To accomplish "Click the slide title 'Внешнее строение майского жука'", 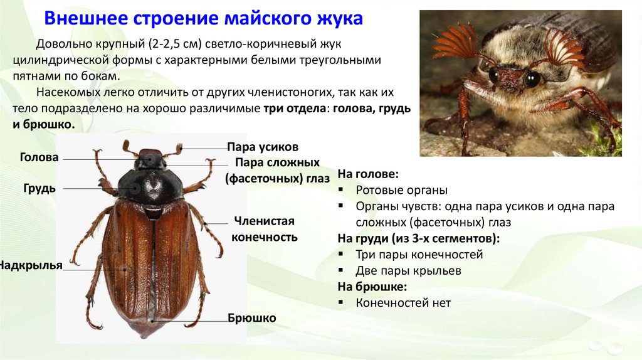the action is (203, 18).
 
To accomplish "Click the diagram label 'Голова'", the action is (39, 157).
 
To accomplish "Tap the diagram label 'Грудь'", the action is (39, 188).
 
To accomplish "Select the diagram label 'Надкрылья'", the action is (31, 265).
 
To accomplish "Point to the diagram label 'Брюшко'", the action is (252, 318).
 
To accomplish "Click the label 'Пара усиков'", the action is (263, 147).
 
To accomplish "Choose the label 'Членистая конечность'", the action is (265, 229).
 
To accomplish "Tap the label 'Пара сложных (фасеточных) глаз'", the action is (277, 171).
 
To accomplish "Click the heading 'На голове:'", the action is (368, 174).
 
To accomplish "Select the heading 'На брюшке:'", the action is (372, 287).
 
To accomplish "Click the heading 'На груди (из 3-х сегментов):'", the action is (418, 238).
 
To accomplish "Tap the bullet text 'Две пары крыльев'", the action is (409, 271).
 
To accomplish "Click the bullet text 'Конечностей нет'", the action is (403, 303).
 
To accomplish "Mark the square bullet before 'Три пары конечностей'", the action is (341, 254).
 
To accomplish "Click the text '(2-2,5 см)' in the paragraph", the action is (176, 43).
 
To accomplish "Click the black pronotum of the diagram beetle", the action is (150, 186).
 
